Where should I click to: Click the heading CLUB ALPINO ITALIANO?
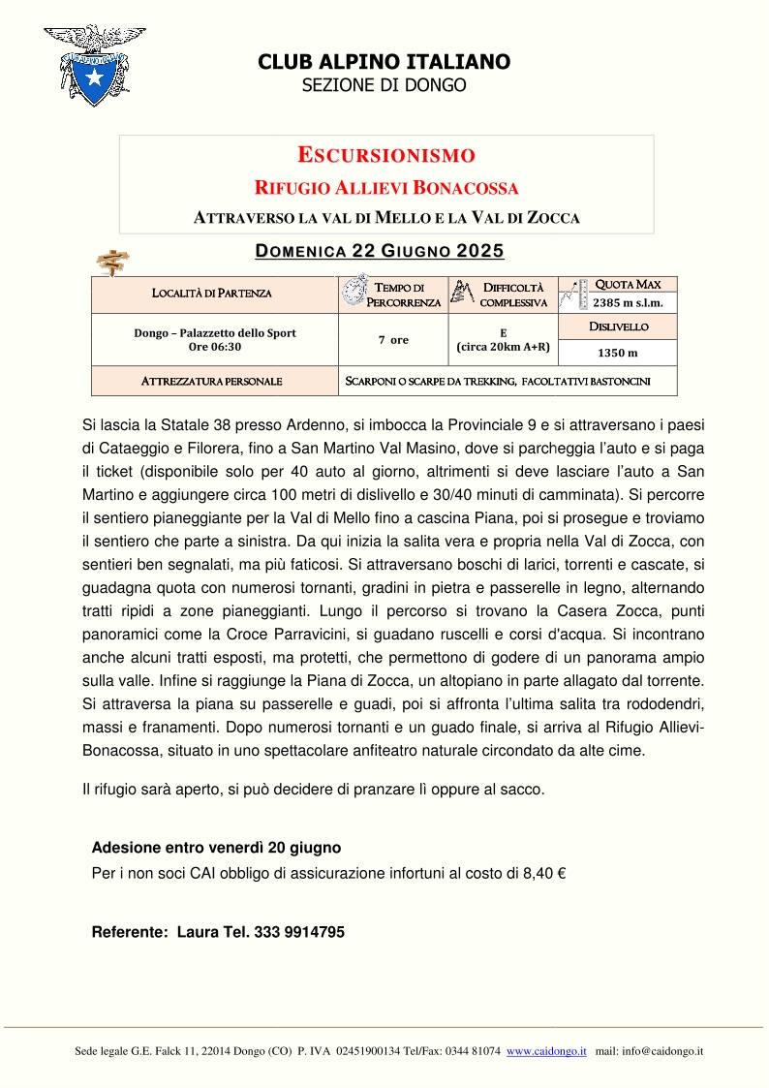point(384,62)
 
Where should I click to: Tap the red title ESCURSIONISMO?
point(385,155)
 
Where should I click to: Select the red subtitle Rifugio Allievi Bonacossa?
point(385,187)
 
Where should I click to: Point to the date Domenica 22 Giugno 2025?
point(379,252)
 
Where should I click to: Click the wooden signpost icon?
point(114,261)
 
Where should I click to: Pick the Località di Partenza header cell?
point(212,293)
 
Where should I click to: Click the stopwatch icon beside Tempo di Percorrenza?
point(354,292)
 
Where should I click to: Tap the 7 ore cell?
point(392,340)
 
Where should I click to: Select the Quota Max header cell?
point(628,284)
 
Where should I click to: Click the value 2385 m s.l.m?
point(628,302)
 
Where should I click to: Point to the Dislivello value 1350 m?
point(618,353)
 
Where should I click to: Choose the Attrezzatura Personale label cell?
point(212,381)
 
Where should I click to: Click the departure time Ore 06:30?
point(214,346)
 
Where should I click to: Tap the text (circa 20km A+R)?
point(503,347)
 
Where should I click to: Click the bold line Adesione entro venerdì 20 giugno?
point(216,848)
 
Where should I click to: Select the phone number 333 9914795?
point(299,932)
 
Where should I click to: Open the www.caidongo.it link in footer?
point(546,1051)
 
